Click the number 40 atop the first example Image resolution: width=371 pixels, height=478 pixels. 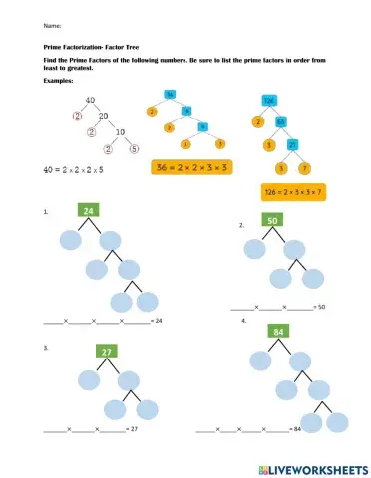pos(89,100)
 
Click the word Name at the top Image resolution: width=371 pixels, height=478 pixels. pos(52,24)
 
